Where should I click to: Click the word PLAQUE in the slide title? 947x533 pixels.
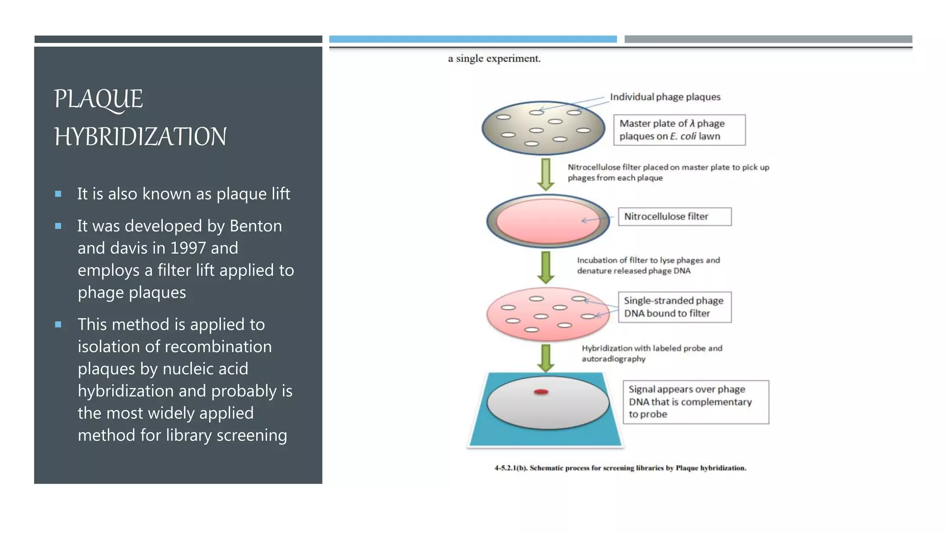tap(98, 99)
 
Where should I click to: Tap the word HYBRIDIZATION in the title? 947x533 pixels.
tap(140, 137)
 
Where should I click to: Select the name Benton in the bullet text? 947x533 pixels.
tap(255, 226)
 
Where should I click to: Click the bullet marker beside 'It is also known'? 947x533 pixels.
tap(58, 194)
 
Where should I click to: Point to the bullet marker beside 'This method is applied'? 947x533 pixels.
tap(58, 325)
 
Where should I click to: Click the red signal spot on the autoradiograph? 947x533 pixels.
tap(541, 392)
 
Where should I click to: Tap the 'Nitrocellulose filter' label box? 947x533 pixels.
tap(674, 217)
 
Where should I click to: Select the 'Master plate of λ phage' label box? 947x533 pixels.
tap(679, 130)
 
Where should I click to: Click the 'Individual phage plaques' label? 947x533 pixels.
tap(665, 97)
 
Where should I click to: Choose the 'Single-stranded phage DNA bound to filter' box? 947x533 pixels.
tap(674, 307)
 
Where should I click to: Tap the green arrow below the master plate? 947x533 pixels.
tap(546, 174)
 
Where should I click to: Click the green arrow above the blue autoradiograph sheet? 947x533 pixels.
tap(546, 358)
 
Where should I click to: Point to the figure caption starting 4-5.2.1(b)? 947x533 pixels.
tap(620, 468)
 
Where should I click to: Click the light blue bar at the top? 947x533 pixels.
tap(473, 39)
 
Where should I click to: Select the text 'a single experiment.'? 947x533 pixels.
tap(494, 59)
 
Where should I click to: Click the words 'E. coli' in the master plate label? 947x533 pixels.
tap(683, 136)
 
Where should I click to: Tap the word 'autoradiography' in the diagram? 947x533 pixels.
tap(613, 359)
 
